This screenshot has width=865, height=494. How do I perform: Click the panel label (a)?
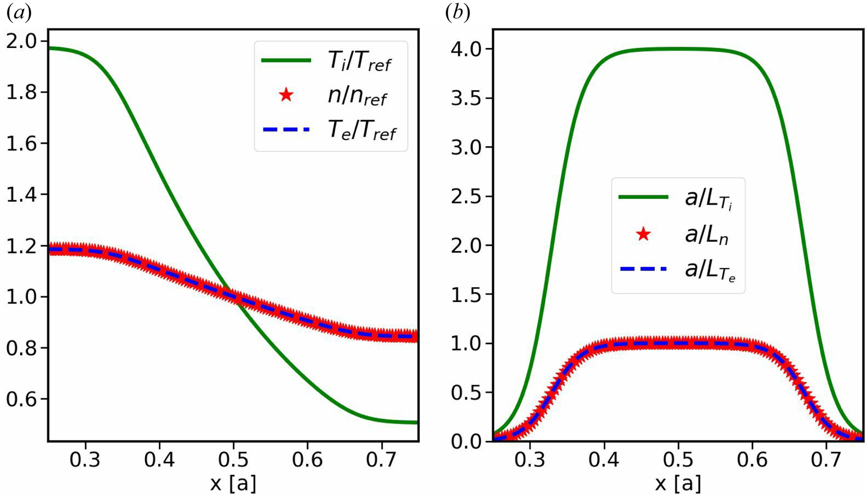pyautogui.click(x=18, y=13)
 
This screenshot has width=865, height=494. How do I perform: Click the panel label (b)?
pyautogui.click(x=458, y=13)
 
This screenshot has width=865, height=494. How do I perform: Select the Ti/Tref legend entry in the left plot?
pyautogui.click(x=359, y=61)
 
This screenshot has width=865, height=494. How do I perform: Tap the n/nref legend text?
pyautogui.click(x=357, y=96)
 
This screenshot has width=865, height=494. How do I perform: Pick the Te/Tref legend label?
pyautogui.click(x=361, y=130)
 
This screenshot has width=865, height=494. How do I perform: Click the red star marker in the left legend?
pyautogui.click(x=286, y=95)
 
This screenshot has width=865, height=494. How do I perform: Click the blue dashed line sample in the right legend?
pyautogui.click(x=643, y=269)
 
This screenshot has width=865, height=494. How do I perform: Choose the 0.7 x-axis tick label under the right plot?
pyautogui.click(x=826, y=460)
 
